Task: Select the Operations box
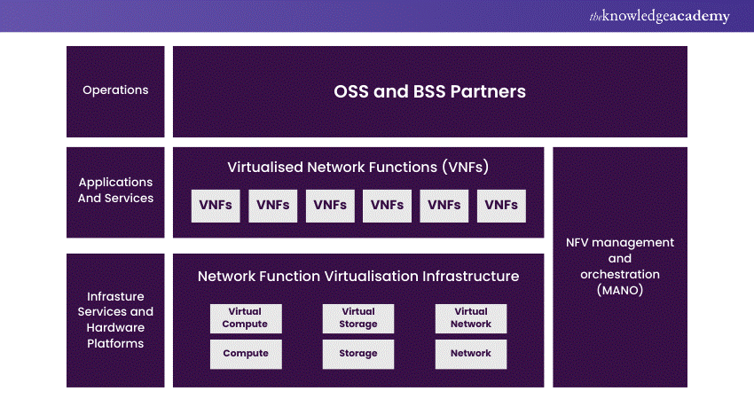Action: tap(115, 90)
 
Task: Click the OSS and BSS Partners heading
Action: tap(429, 91)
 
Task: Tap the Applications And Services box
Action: tap(115, 191)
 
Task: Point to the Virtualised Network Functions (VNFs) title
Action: tap(358, 167)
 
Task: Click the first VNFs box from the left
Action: tap(216, 205)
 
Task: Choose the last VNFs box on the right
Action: tap(501, 205)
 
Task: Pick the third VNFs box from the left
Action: tap(330, 205)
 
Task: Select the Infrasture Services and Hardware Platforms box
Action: tap(115, 319)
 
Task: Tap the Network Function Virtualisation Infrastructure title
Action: tap(358, 276)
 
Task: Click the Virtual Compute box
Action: tap(246, 318)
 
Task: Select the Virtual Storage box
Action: tap(358, 318)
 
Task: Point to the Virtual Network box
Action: tap(471, 318)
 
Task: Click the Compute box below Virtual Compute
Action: tap(246, 353)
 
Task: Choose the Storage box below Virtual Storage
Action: tap(358, 353)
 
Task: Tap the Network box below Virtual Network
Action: tap(471, 353)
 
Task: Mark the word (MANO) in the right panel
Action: tap(620, 290)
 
